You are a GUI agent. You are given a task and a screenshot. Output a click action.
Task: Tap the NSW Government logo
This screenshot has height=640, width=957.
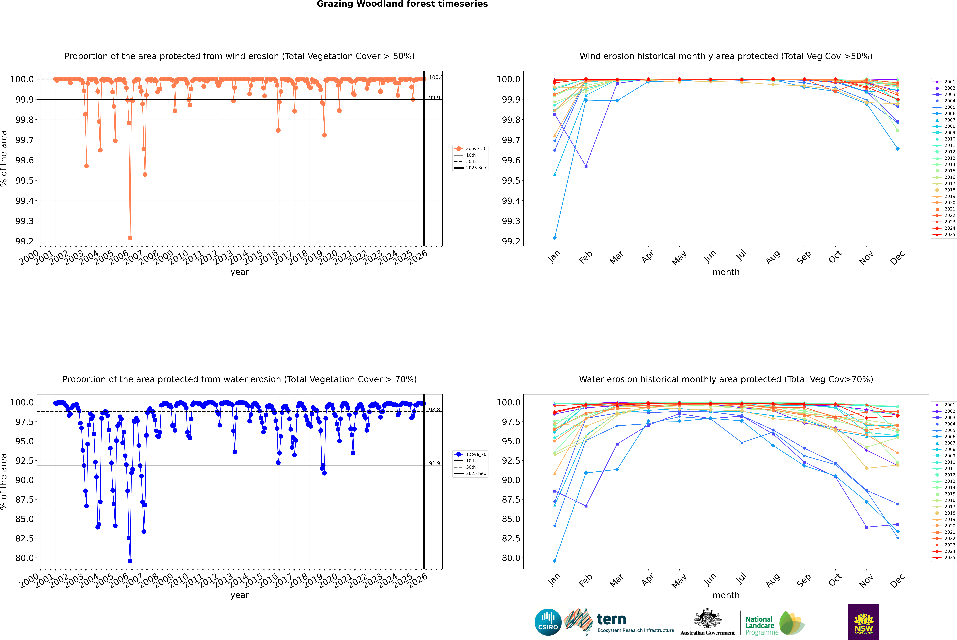click(864, 622)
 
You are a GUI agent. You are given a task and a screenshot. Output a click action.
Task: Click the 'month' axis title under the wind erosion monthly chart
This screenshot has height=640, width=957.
click(726, 272)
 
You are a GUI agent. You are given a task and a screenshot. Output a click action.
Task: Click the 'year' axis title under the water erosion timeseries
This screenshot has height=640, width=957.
click(239, 595)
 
